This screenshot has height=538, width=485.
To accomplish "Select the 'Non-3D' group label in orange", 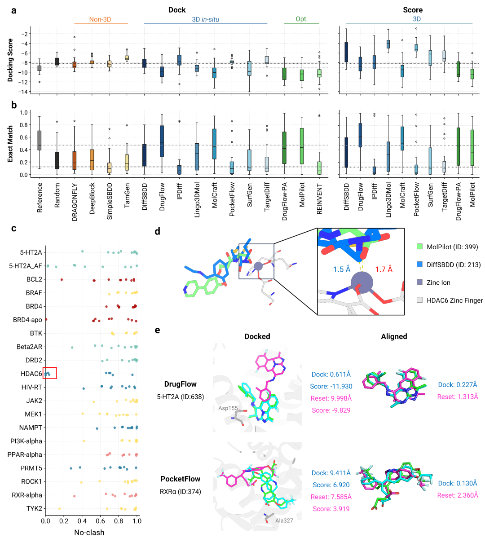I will point(100,19).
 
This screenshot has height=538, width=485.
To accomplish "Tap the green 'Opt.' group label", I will point(302,19).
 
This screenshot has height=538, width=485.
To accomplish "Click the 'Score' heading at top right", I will point(413,10).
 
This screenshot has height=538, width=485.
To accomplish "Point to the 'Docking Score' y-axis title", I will point(10,60).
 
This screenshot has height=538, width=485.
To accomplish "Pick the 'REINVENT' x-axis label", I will point(320,198).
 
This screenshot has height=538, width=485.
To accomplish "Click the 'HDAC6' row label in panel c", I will point(31,374).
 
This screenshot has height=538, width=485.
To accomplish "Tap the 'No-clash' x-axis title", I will point(89,532).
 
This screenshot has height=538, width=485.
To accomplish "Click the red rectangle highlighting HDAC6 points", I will point(49,373).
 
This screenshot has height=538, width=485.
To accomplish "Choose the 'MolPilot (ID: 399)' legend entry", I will point(452,247).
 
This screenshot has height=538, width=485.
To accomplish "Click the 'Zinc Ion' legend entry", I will point(438,282).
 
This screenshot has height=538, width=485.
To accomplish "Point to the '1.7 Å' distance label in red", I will point(384,269).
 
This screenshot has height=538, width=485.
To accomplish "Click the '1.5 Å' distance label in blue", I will point(342,269).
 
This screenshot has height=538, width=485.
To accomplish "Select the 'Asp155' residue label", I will point(228,408).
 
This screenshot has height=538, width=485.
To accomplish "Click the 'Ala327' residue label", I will point(284,520).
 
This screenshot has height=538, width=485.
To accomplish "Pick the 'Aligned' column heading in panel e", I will point(394,336).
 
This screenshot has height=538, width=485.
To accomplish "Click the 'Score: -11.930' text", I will point(331,386).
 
